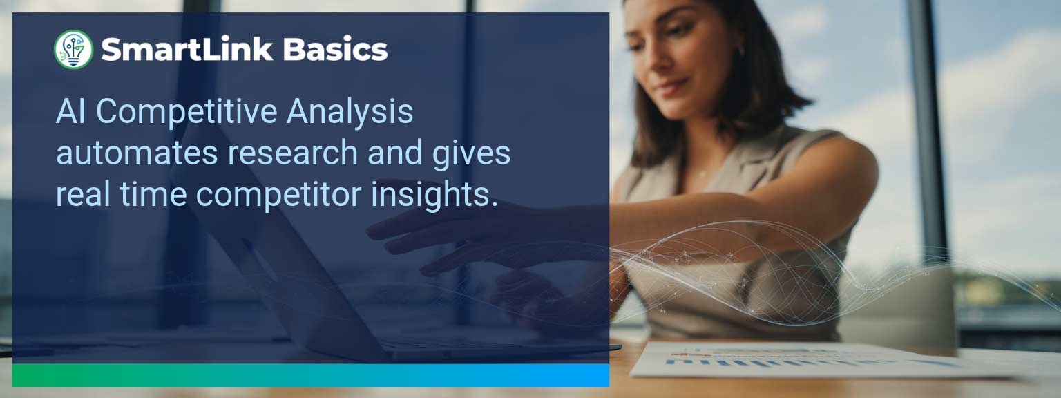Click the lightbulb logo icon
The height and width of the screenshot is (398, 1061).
(x=73, y=50)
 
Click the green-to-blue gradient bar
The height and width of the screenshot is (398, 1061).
(x=310, y=375)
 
